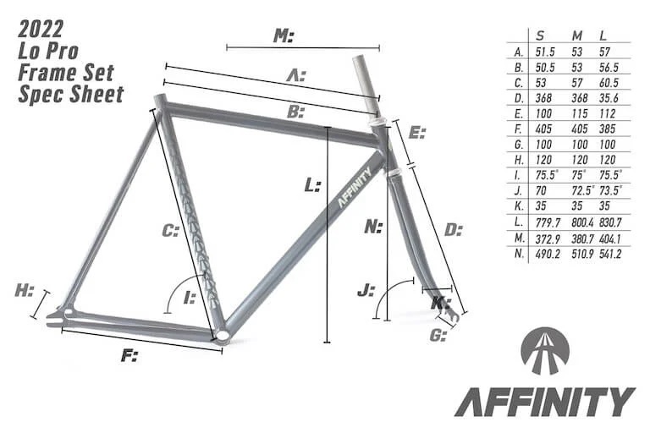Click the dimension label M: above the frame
click(284, 36)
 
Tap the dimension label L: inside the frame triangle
click(312, 185)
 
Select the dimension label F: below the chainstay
click(129, 355)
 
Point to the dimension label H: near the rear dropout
click(24, 290)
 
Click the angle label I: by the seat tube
click(190, 297)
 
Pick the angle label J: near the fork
click(366, 289)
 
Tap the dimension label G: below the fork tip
click(438, 335)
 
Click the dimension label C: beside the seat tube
click(170, 230)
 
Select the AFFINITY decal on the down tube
click(355, 186)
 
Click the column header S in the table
click(540, 36)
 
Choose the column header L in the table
click(603, 36)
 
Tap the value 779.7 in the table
click(548, 222)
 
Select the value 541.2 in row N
click(610, 254)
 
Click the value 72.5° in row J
click(583, 191)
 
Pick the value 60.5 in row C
click(609, 83)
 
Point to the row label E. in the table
click(519, 113)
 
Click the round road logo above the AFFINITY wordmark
click(545, 351)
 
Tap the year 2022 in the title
click(41, 29)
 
